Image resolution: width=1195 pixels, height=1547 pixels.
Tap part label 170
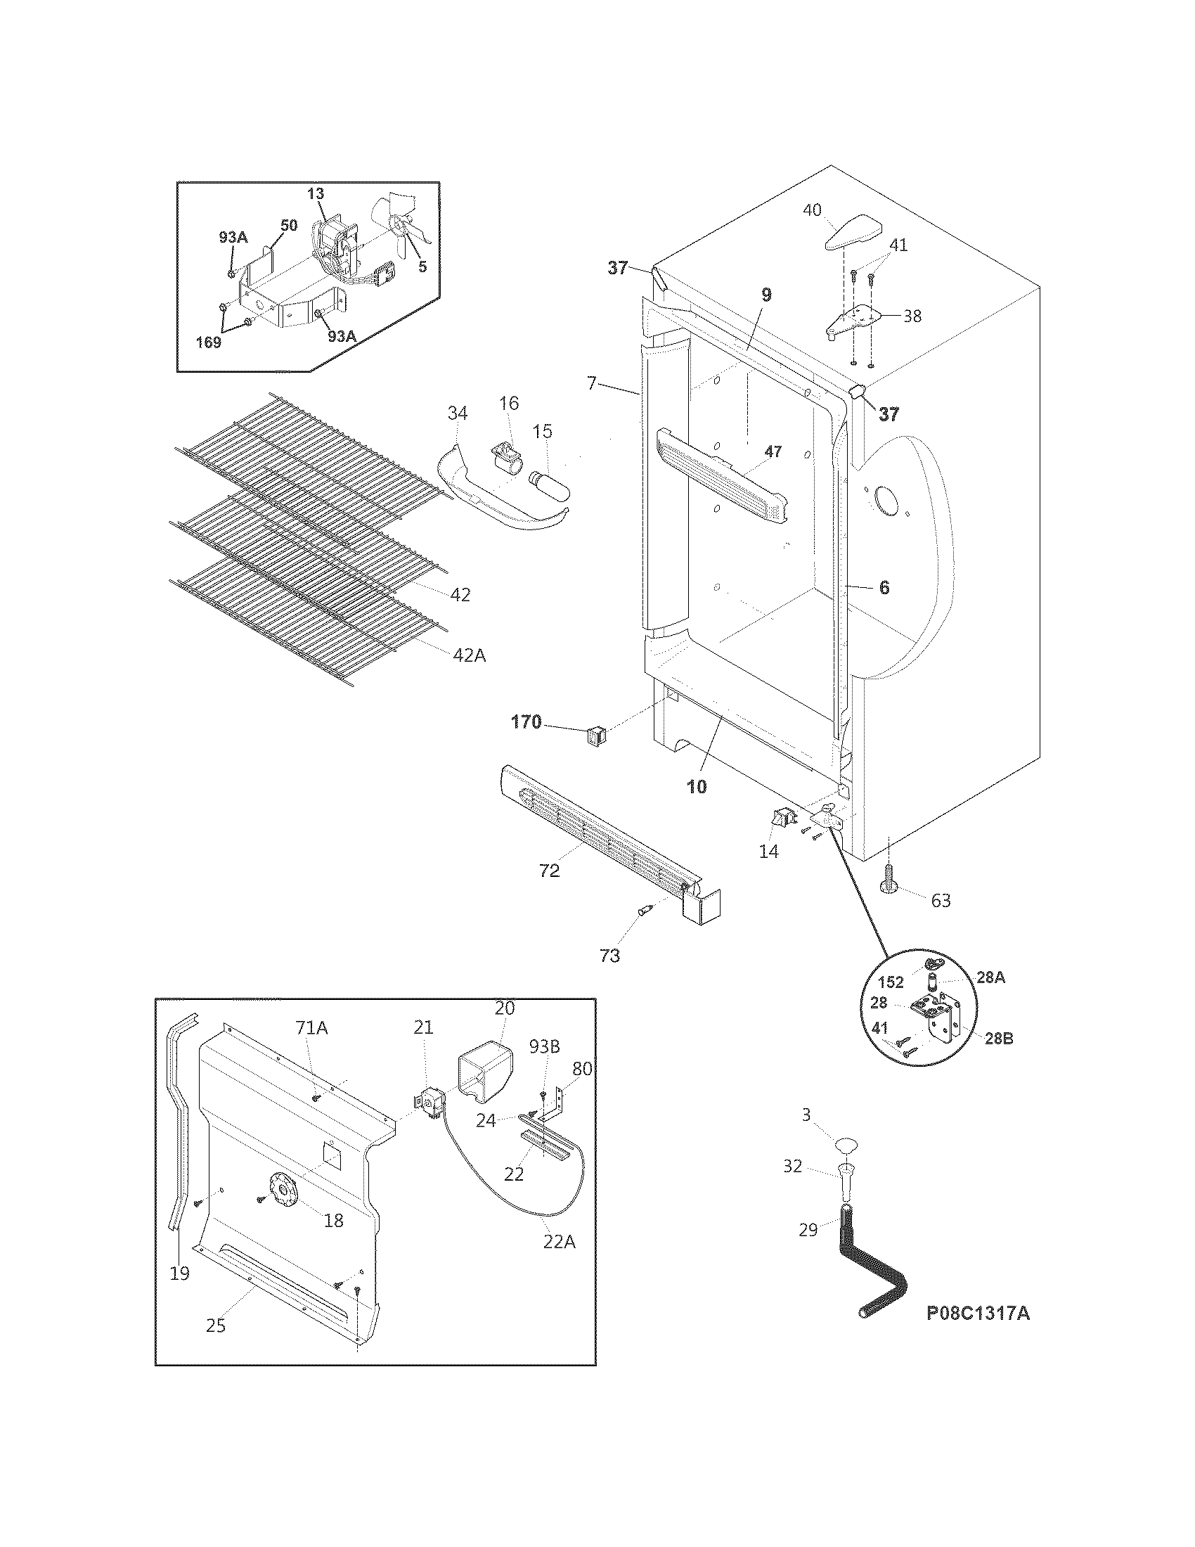526,721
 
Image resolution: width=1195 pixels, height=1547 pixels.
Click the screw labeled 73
645,911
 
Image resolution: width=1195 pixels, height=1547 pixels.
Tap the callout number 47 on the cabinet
773,451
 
